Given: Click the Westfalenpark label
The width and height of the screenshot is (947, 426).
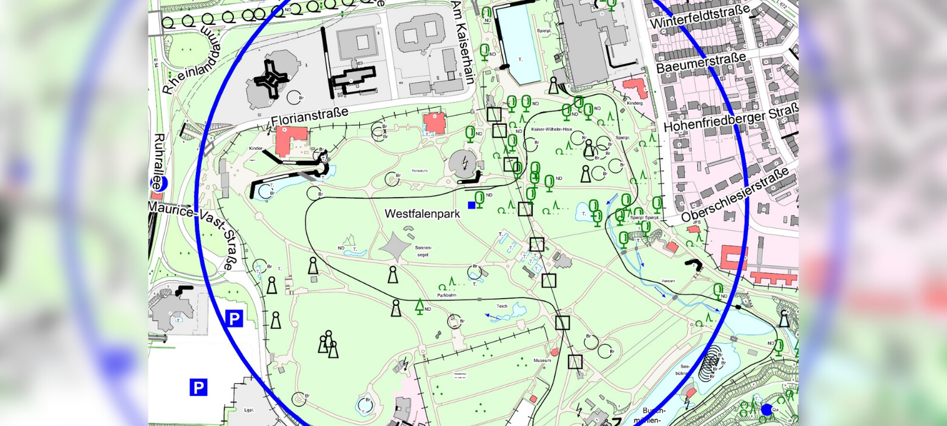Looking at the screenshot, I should [x=422, y=214].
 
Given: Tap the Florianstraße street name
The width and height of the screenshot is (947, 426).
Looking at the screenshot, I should [x=309, y=116].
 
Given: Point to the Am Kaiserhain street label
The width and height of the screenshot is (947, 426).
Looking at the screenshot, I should [x=463, y=41].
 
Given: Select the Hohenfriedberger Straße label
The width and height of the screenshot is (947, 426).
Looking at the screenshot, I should [x=731, y=118].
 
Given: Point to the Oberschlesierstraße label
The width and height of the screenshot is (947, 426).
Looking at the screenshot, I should [x=735, y=194].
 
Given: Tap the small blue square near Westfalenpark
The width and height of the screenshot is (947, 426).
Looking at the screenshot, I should [x=472, y=205].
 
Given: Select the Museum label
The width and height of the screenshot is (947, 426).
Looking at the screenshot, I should [x=542, y=360].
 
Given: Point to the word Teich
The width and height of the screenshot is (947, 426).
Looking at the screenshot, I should [x=502, y=306].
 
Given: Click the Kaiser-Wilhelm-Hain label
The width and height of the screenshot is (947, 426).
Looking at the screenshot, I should [x=552, y=129].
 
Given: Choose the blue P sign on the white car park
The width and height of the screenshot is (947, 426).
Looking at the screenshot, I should [x=198, y=388].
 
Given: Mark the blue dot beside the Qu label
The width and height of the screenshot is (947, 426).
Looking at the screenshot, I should [x=767, y=409].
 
